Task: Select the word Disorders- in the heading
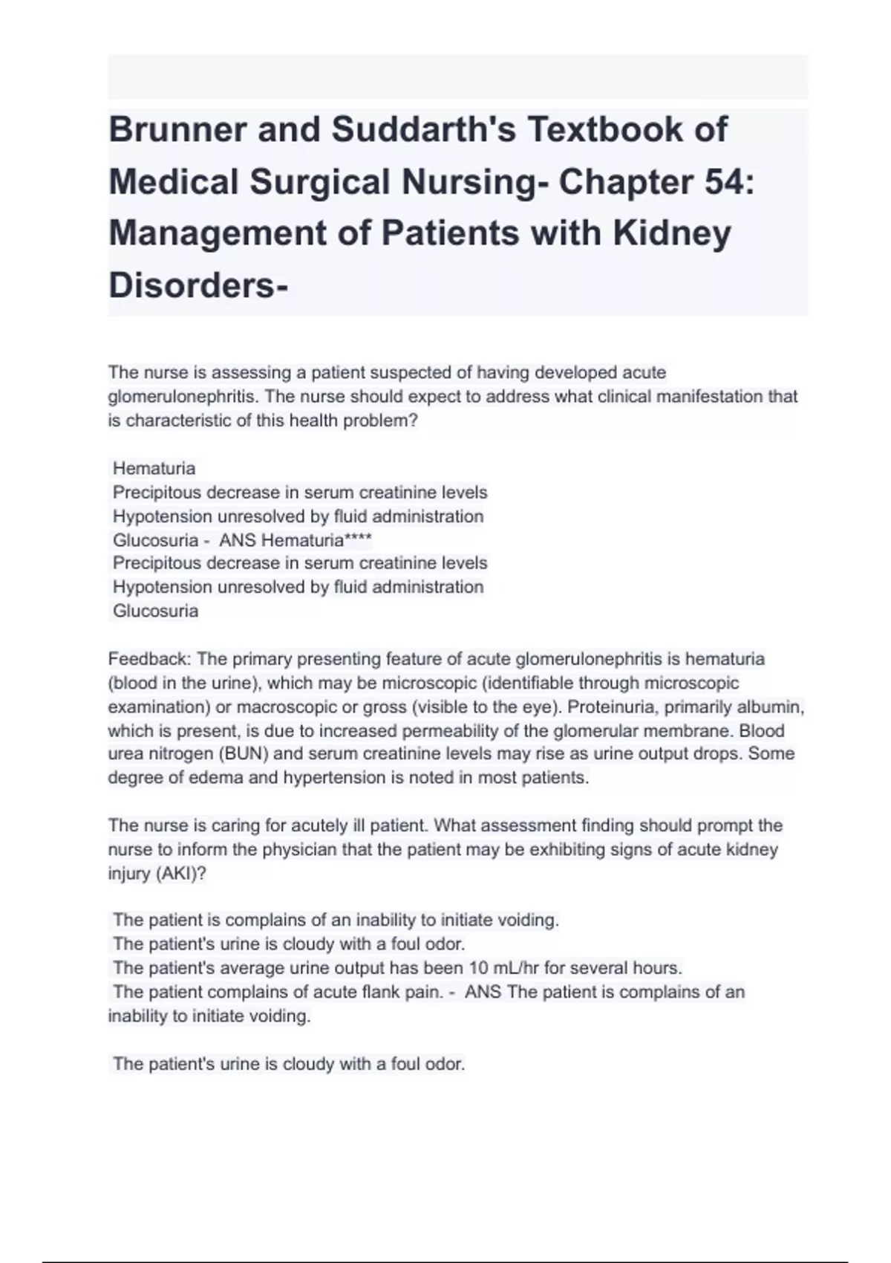click(198, 285)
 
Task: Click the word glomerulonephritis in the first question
click(182, 397)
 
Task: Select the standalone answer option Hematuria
click(154, 469)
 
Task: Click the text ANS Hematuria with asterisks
click(296, 540)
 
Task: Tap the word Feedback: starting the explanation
click(150, 659)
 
